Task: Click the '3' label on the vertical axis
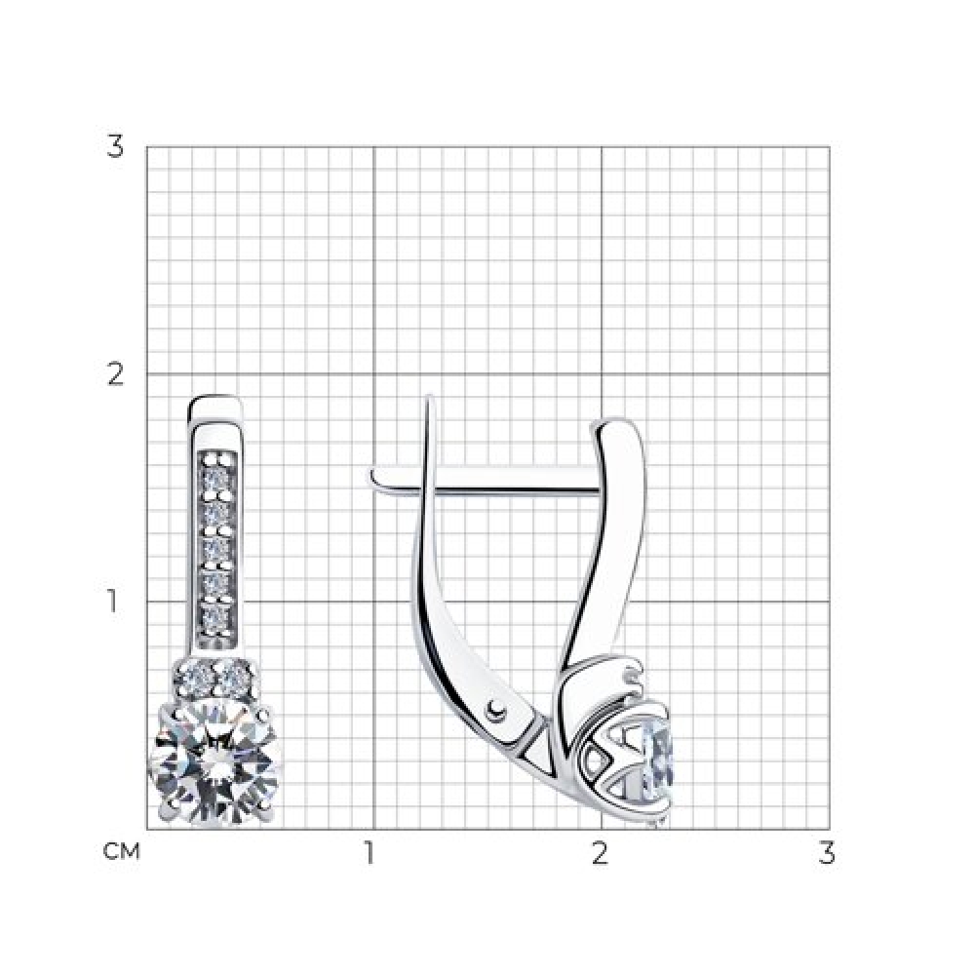pyautogui.click(x=115, y=147)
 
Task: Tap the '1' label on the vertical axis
pyautogui.click(x=112, y=602)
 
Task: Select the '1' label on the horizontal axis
pyautogui.click(x=370, y=853)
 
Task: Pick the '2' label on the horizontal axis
pyautogui.click(x=599, y=853)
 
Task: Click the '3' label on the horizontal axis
pyautogui.click(x=827, y=853)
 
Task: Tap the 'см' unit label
pyautogui.click(x=121, y=851)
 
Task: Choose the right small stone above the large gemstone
pyautogui.click(x=231, y=674)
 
